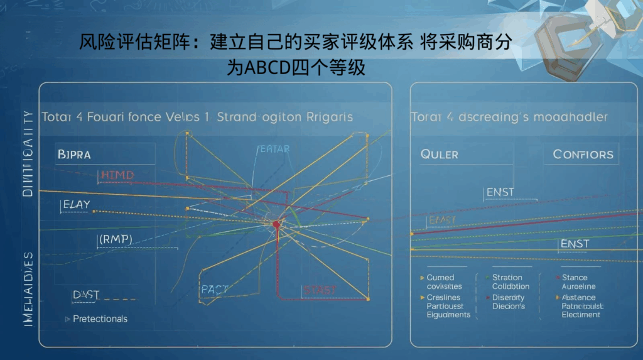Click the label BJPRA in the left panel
point(73,153)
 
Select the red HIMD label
point(117,175)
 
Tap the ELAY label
point(77,204)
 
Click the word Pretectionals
point(100,319)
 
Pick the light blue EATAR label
point(274,149)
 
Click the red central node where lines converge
point(276,224)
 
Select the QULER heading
point(440,154)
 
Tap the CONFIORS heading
point(583,154)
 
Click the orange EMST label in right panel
point(441,220)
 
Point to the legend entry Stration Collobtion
point(511,282)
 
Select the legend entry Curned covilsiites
point(445,282)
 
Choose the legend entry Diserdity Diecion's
point(509,302)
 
